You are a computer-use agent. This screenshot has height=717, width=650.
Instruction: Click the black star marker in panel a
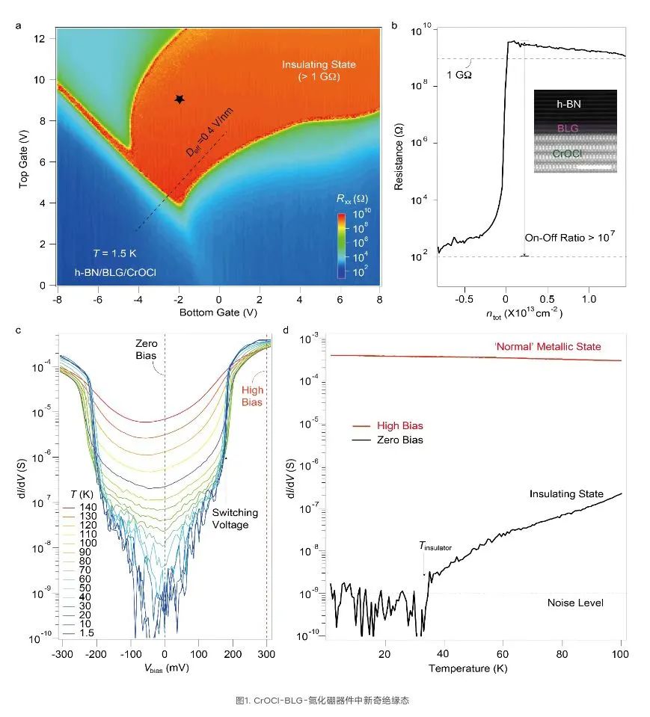pyautogui.click(x=180, y=99)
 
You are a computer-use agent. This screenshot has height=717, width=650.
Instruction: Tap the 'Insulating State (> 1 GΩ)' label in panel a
pyautogui.click(x=319, y=70)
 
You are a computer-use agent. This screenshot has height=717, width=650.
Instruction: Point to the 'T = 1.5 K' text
pyautogui.click(x=114, y=253)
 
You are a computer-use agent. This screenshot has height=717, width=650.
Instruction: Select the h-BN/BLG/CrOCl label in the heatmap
pyautogui.click(x=115, y=273)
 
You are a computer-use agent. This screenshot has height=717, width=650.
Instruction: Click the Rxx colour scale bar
pyautogui.click(x=341, y=245)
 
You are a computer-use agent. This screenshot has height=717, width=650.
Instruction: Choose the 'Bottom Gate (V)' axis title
pyautogui.click(x=218, y=313)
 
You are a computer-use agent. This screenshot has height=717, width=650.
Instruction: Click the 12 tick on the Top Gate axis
pyautogui.click(x=40, y=38)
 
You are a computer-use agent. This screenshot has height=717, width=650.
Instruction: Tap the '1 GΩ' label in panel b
pyautogui.click(x=459, y=75)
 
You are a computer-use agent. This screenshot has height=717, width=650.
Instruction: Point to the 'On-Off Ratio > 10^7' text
pyautogui.click(x=569, y=237)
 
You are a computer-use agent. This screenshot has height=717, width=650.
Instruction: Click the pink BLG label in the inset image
pyautogui.click(x=568, y=129)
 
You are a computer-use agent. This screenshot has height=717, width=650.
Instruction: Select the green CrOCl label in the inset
pyautogui.click(x=567, y=154)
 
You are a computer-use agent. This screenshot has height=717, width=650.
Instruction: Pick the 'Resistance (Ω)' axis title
pyautogui.click(x=399, y=156)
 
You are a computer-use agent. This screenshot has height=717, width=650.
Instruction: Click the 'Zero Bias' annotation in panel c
pyautogui.click(x=146, y=349)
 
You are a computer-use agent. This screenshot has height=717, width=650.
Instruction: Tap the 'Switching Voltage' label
pyautogui.click(x=235, y=519)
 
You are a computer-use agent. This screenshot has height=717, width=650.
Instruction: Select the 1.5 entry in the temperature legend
pyautogui.click(x=79, y=633)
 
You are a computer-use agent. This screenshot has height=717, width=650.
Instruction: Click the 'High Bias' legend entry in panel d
pyautogui.click(x=388, y=425)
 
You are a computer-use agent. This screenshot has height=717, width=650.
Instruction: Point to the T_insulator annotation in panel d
pyautogui.click(x=435, y=547)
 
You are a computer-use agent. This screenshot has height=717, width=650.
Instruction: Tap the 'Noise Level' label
pyautogui.click(x=575, y=603)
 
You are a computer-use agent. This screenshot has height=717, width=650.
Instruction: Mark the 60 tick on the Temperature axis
pyautogui.click(x=502, y=654)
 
